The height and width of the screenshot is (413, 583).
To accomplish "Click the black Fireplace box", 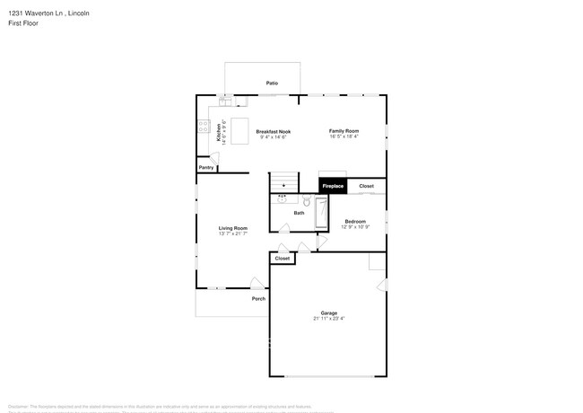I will [x=333, y=186].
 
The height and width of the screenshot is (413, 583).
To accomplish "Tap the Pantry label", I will [x=206, y=168].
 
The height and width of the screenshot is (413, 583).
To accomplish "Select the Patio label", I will [x=272, y=83].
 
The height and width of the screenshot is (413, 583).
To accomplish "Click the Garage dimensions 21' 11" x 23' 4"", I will [x=329, y=318].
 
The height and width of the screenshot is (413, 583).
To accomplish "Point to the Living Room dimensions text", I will [x=233, y=233].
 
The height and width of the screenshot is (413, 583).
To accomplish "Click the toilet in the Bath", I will [x=305, y=202].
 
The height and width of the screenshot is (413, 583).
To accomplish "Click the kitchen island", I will [x=240, y=126].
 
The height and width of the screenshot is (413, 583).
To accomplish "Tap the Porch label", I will [x=258, y=299].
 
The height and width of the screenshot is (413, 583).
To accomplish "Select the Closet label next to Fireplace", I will [x=366, y=186].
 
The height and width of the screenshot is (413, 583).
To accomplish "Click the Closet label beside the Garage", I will [x=283, y=258].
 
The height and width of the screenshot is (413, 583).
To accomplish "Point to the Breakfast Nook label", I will [x=273, y=131].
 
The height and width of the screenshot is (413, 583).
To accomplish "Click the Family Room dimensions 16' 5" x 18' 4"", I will [x=344, y=136].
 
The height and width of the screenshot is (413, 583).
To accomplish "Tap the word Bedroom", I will [x=355, y=221].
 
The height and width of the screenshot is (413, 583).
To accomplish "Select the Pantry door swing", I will [x=212, y=158].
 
